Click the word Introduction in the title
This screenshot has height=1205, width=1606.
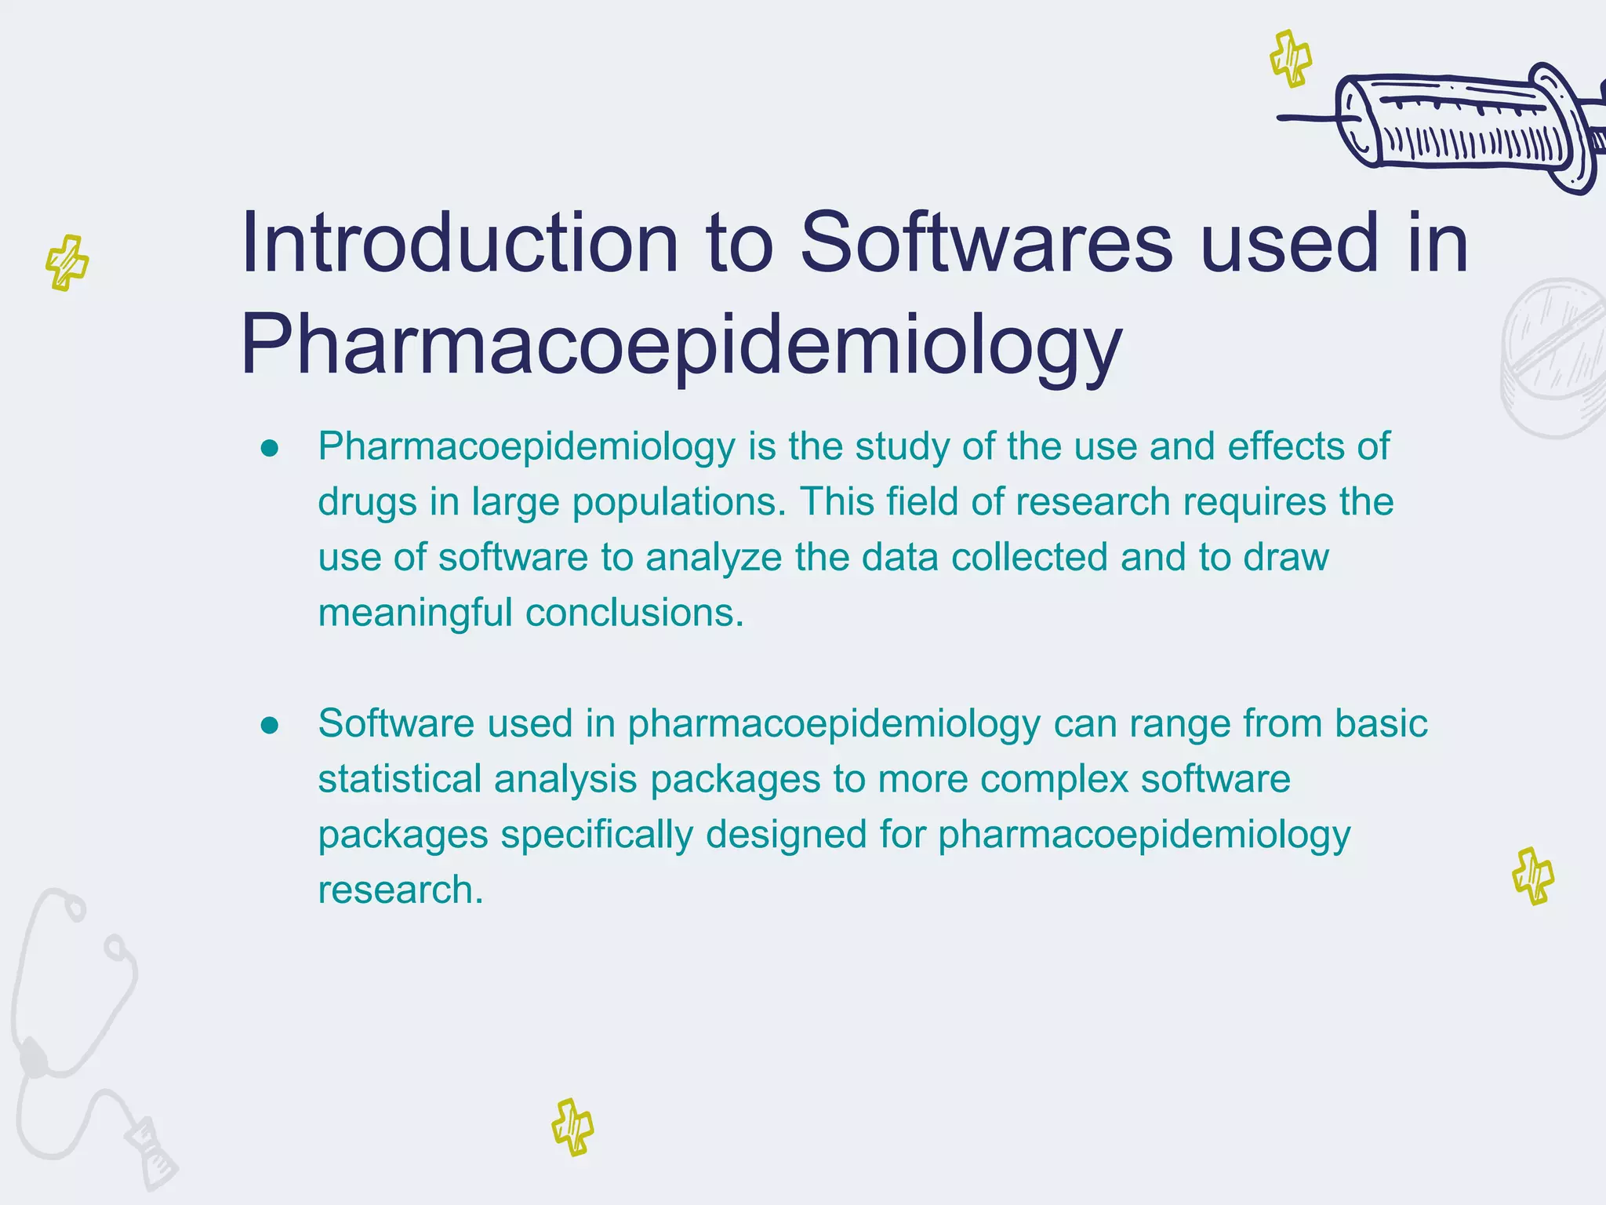tap(460, 243)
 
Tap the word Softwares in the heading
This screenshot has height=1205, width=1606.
tap(986, 243)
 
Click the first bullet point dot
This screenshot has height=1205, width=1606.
tap(270, 448)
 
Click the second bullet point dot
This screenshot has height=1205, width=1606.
tap(270, 725)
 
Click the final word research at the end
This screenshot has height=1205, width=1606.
tap(400, 890)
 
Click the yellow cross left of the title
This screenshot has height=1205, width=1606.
tap(67, 263)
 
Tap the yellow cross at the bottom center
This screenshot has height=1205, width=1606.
tap(572, 1127)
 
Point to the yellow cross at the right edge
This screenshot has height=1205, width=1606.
tap(1533, 876)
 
